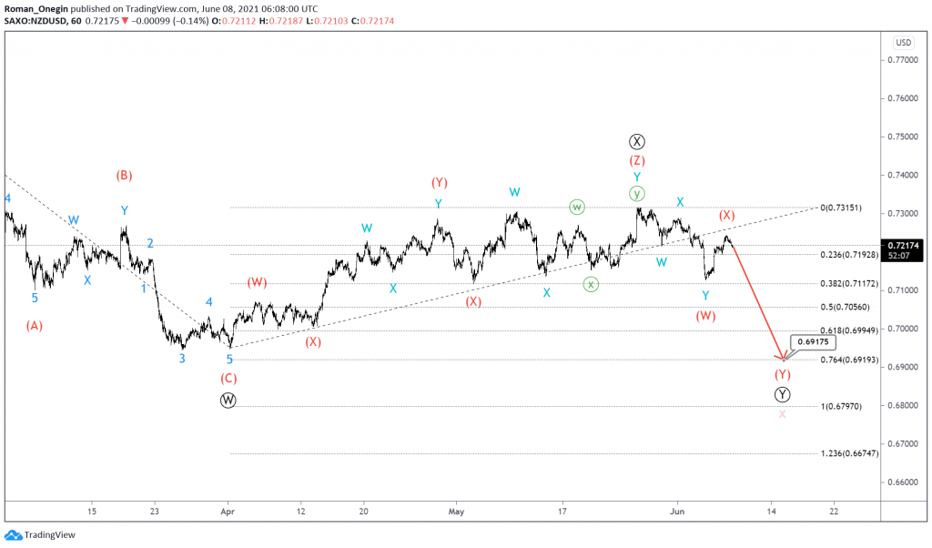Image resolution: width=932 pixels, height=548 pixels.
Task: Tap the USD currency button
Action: click(903, 42)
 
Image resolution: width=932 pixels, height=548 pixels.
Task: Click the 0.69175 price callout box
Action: click(812, 342)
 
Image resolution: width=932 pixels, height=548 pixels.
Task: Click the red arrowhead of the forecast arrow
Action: click(780, 357)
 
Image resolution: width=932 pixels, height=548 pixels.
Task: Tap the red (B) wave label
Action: click(125, 175)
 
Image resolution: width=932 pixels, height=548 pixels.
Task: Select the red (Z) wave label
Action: click(637, 161)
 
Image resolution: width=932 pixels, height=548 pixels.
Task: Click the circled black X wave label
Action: click(637, 141)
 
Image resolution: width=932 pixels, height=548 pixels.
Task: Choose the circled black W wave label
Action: click(228, 400)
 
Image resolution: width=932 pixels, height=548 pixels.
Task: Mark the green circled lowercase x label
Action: click(592, 284)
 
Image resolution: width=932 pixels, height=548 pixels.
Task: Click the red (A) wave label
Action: click(35, 325)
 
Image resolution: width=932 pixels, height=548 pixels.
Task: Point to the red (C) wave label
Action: click(228, 378)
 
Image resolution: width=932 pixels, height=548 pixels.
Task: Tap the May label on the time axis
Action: click(456, 512)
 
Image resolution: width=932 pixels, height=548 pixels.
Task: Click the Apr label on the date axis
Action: click(228, 512)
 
